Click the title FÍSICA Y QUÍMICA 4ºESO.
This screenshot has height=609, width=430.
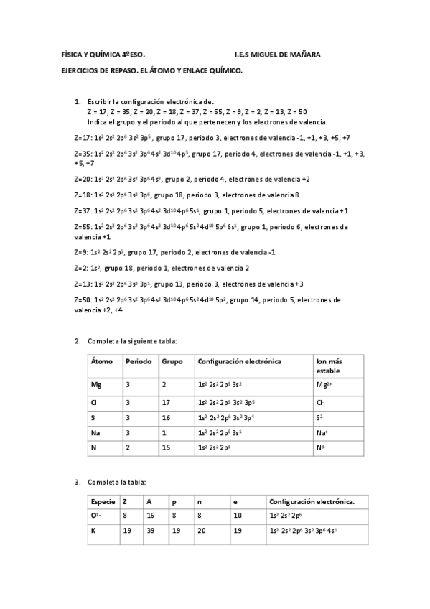coord(103,55)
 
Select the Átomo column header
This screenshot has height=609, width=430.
coord(102,361)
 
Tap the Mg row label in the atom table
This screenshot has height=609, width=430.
coord(96,385)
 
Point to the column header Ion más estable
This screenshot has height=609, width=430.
coord(330,366)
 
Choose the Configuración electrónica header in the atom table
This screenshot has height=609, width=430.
coord(239,361)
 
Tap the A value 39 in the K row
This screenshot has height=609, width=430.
coord(149,531)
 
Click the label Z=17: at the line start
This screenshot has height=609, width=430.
coord(83,137)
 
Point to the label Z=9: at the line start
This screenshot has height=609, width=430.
coord(80,252)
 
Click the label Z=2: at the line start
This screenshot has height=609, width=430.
coord(80,268)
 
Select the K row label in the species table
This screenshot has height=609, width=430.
coord(93,531)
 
